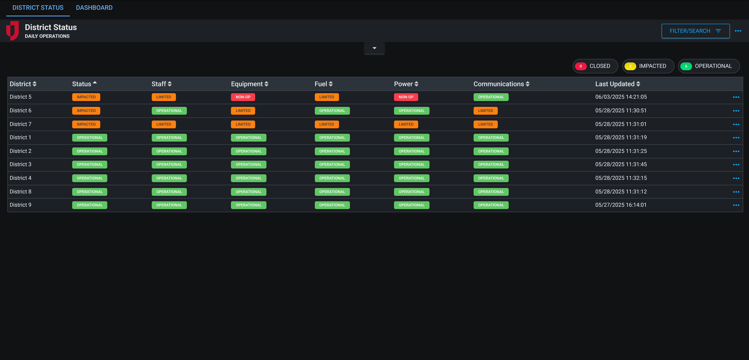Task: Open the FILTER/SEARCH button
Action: [x=695, y=31]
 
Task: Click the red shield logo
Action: [x=12, y=31]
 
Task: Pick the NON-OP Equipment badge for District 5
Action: [x=243, y=97]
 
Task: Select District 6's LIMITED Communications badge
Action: [x=485, y=111]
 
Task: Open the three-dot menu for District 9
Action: [x=736, y=205]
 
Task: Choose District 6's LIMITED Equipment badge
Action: [x=243, y=111]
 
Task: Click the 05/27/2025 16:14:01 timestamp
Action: [x=621, y=205]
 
